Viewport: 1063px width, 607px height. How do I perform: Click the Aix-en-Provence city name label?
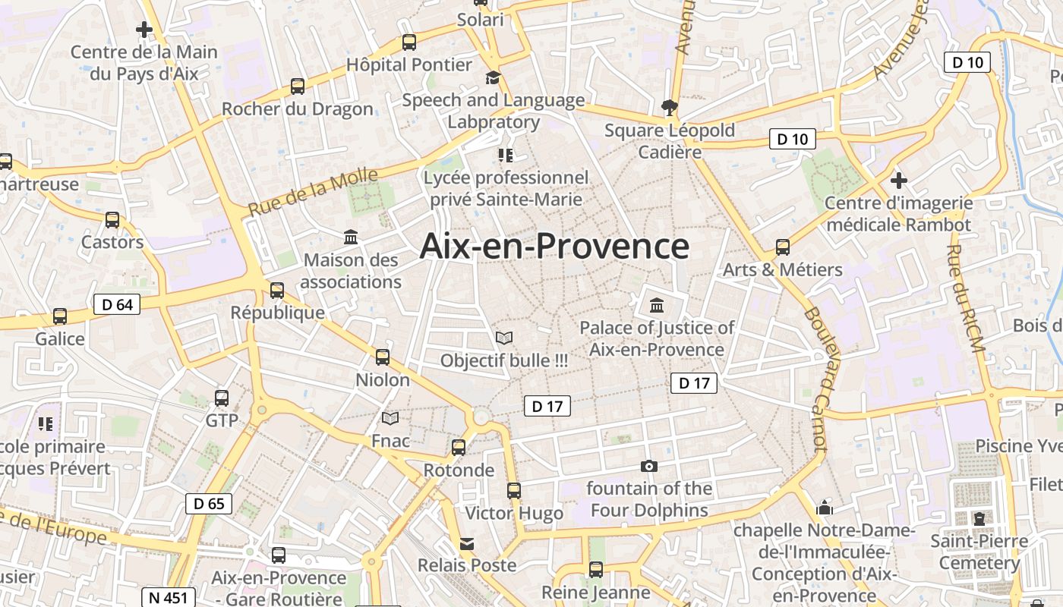[x=554, y=247]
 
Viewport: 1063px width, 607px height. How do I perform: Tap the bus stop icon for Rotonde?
[x=459, y=448]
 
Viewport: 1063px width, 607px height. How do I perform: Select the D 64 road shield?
[x=117, y=305]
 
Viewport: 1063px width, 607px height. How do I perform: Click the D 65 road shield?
[x=209, y=503]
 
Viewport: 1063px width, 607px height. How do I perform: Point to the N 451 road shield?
[x=169, y=597]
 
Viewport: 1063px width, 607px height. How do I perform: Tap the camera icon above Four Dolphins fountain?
[x=649, y=466]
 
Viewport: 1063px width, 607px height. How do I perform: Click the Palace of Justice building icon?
[x=657, y=306]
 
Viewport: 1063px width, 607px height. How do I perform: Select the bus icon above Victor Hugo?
[x=514, y=491]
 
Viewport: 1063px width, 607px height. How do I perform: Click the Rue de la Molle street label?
[x=313, y=193]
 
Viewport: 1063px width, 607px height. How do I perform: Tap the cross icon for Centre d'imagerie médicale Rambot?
[x=899, y=181]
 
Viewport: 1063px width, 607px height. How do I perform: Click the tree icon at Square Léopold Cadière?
[x=669, y=107]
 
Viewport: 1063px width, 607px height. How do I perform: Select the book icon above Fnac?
[x=390, y=418]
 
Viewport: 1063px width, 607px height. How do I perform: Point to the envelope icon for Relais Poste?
[x=467, y=544]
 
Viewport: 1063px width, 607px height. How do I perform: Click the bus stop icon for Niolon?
[x=383, y=357]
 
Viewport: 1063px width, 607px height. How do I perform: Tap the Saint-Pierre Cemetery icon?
[x=979, y=519]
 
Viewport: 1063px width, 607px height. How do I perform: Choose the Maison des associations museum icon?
[x=351, y=237]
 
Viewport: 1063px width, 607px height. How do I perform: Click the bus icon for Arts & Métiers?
[x=783, y=247]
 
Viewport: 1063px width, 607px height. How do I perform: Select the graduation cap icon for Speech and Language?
[x=493, y=77]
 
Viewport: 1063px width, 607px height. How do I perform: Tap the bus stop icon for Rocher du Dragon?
[x=298, y=86]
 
